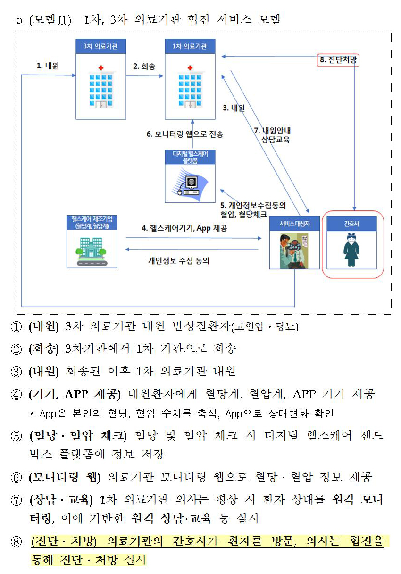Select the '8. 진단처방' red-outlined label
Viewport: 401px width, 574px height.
tap(338, 60)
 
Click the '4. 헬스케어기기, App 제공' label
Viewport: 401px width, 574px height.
tap(184, 228)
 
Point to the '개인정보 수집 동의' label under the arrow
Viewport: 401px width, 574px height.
tap(179, 260)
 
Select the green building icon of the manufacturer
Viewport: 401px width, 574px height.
tap(92, 250)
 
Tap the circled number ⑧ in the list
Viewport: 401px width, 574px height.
tap(17, 542)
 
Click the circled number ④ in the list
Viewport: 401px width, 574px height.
tap(17, 394)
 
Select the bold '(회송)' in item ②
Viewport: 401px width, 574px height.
tap(43, 349)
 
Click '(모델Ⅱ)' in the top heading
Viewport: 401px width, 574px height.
tap(50, 20)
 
